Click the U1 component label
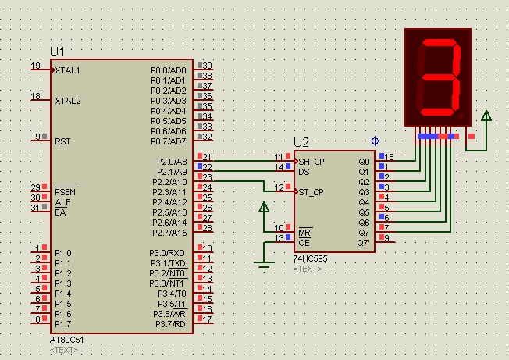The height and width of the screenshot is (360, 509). tap(58, 52)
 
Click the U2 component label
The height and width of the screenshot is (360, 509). tap(301, 142)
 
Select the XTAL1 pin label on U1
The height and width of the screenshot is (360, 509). tap(68, 70)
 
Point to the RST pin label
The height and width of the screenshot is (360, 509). tap(62, 141)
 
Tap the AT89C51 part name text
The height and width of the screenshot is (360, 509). tap(66, 341)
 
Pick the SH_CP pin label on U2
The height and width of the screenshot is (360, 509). tap(311, 162)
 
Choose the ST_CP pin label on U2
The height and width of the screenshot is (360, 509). tap(311, 192)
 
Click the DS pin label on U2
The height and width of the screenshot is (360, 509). tap(304, 172)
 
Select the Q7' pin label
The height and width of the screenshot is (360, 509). tap(364, 243)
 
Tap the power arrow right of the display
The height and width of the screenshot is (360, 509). tap(486, 118)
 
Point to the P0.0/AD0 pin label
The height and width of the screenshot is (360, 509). tap(169, 70)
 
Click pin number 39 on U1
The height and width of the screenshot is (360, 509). tap(207, 66)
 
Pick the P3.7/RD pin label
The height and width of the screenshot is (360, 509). tap(170, 324)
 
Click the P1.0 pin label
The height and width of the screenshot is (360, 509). tap(62, 253)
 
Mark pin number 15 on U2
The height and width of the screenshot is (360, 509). tap(390, 157)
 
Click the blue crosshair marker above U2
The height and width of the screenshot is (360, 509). tap(376, 141)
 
